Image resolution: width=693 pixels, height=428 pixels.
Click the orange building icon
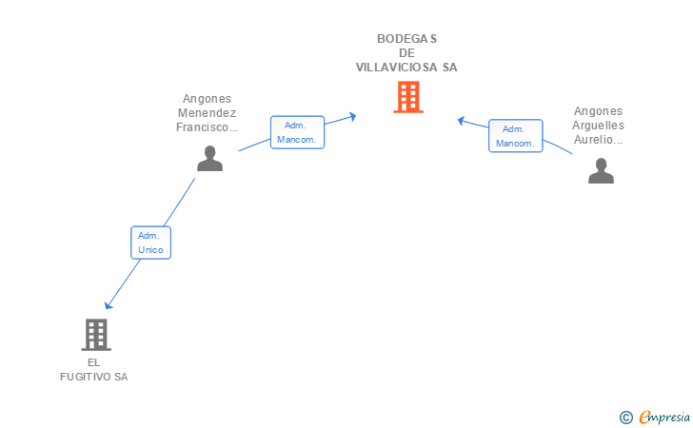(x=408, y=97)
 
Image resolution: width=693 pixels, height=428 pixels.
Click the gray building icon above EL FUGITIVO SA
(x=96, y=335)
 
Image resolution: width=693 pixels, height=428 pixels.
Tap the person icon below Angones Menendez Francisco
(x=210, y=158)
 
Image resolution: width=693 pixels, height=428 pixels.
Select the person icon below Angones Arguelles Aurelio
(x=601, y=170)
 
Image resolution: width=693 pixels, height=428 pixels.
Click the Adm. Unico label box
(x=150, y=243)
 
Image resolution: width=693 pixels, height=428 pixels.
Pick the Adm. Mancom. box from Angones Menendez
(x=297, y=132)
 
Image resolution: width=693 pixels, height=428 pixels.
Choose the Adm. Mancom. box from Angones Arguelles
(x=515, y=136)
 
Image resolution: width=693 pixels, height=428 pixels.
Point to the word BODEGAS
(x=406, y=39)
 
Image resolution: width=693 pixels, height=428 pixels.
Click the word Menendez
(x=207, y=113)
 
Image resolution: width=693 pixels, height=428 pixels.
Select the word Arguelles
(x=598, y=126)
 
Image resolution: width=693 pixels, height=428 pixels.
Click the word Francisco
(x=203, y=127)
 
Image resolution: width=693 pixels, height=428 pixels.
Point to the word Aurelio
(x=593, y=140)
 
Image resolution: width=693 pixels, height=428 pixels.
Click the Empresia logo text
(x=664, y=417)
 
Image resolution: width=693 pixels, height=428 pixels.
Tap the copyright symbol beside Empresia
(x=625, y=418)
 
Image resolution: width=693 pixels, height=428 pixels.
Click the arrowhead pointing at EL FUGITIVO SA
(x=108, y=305)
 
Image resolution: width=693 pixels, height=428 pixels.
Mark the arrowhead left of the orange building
(x=352, y=117)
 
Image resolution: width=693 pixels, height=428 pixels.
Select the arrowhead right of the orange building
(x=461, y=120)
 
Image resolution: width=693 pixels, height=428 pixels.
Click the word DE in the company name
(x=406, y=53)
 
